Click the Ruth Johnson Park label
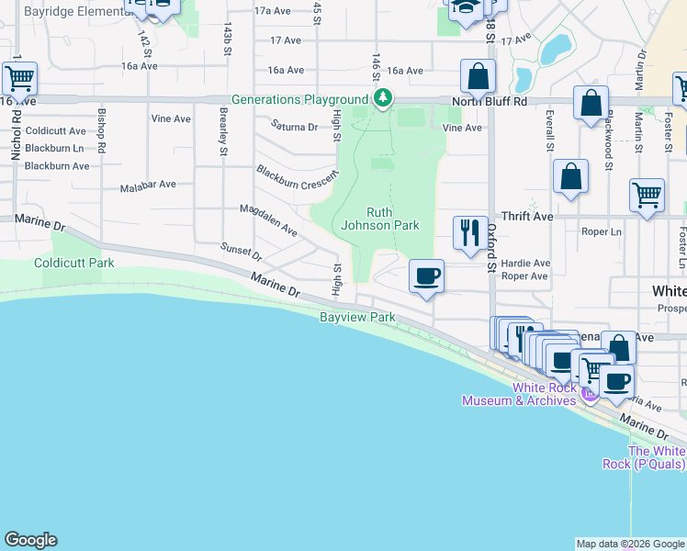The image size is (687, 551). [x=379, y=219]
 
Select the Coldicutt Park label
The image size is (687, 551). [x=74, y=263]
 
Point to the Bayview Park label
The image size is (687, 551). [x=357, y=318]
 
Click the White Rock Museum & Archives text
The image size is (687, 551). [x=519, y=394]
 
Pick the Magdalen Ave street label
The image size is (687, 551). [x=268, y=220]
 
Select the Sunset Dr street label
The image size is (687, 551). [x=242, y=252]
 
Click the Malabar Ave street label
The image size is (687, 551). [x=148, y=186]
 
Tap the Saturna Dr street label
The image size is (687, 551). [x=293, y=128]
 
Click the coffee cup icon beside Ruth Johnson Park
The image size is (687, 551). [x=426, y=275]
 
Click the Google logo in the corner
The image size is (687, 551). [x=30, y=540]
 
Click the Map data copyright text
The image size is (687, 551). [x=630, y=544]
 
